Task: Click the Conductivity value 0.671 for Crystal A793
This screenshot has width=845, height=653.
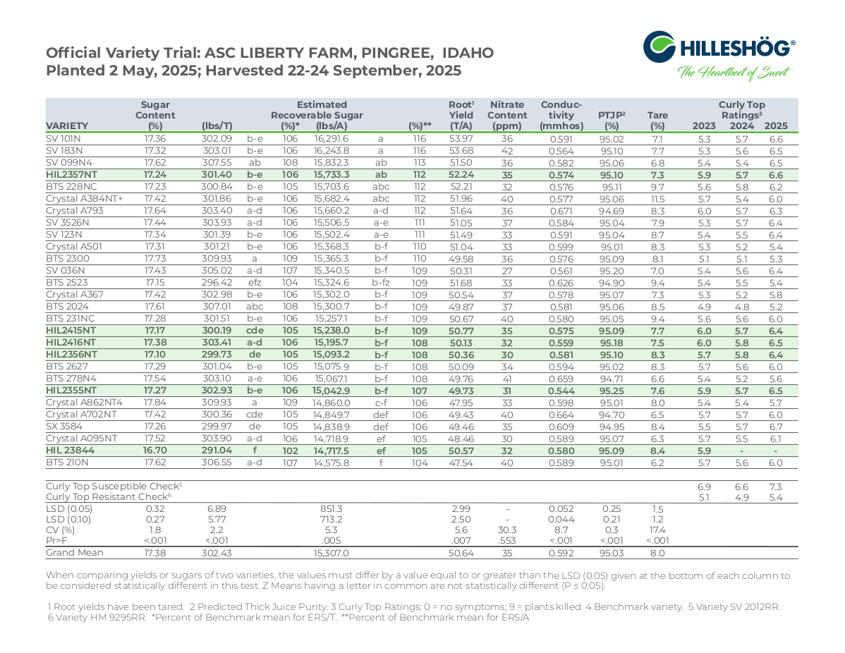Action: (561, 212)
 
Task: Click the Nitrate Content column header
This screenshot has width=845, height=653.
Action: (507, 115)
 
